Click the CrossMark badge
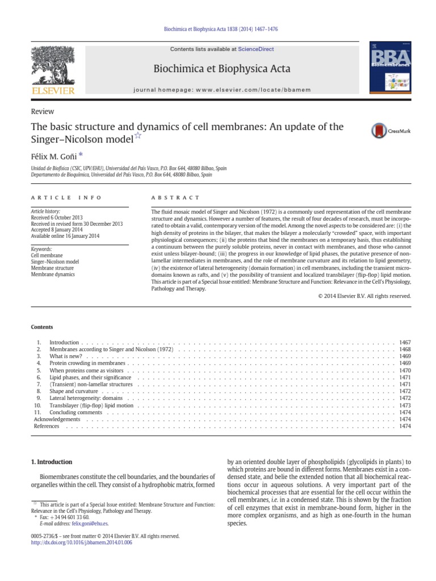(391, 132)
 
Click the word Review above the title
(42, 112)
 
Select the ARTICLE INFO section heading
(66, 197)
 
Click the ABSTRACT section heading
(175, 197)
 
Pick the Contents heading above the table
(42, 327)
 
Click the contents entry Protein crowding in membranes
(87, 363)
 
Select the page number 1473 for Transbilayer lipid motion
(404, 406)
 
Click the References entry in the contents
(47, 426)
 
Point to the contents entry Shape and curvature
(74, 391)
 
